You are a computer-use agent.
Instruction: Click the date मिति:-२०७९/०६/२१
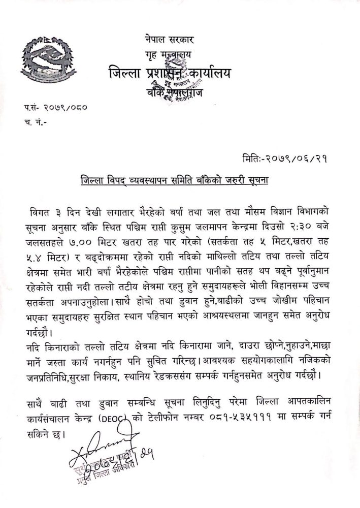coord(285,158)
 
